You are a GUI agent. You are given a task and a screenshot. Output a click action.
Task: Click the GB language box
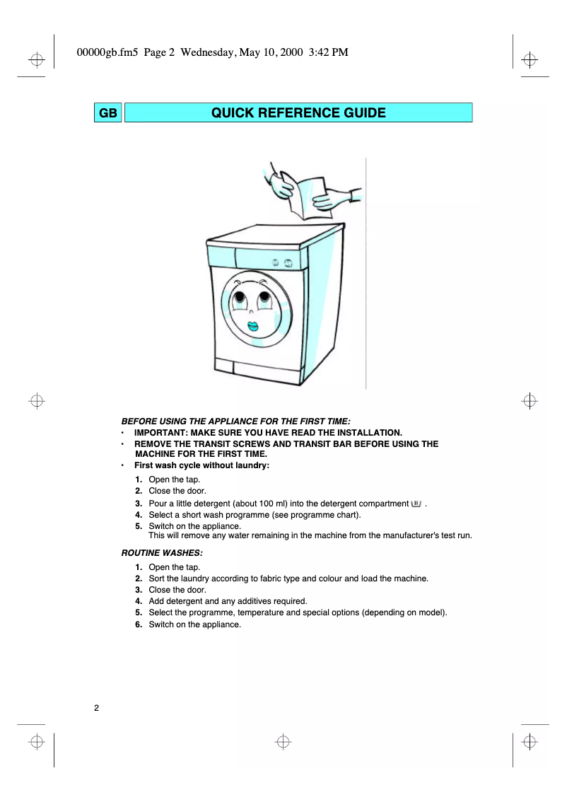(x=108, y=113)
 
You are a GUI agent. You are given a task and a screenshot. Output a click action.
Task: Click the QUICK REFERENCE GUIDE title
(x=298, y=113)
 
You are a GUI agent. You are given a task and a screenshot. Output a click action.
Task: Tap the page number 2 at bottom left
(x=97, y=708)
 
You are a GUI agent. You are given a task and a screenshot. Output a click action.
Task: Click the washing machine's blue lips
(x=252, y=327)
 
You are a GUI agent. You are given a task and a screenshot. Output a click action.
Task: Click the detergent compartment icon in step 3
(x=416, y=503)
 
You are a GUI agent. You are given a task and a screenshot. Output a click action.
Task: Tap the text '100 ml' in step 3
(x=261, y=504)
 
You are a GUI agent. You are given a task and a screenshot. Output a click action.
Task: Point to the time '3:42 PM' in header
(x=329, y=52)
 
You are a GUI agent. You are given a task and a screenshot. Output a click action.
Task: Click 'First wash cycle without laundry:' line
(x=201, y=465)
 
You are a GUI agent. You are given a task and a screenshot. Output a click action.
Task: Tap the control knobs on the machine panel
(x=282, y=262)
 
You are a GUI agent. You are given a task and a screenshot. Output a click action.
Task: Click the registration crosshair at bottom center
(x=283, y=741)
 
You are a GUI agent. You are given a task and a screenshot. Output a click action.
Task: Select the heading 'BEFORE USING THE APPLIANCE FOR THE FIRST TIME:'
(x=236, y=421)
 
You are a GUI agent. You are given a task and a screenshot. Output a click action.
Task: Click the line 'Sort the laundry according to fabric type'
(x=288, y=579)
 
